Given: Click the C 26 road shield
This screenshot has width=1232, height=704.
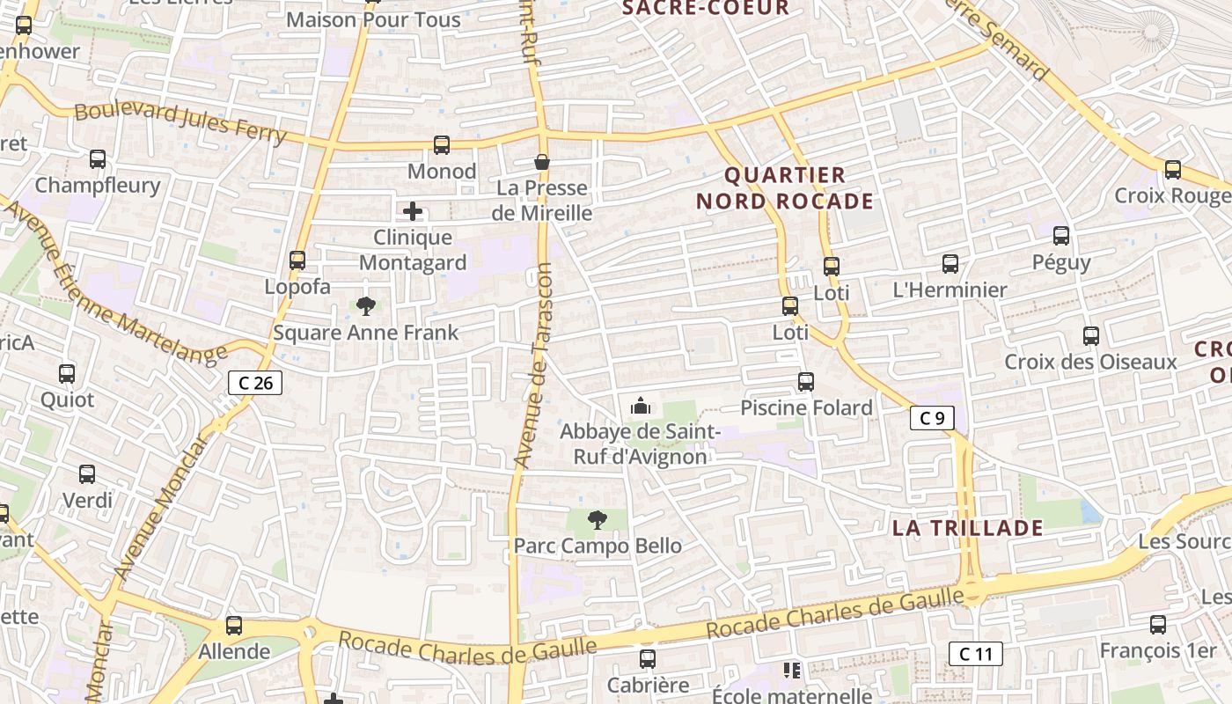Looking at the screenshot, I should point(255,383).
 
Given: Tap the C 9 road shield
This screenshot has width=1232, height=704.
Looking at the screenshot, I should point(932,419).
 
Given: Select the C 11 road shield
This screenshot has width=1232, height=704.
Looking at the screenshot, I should point(975,654).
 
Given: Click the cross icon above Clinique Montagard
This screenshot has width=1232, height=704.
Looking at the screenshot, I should point(412,211).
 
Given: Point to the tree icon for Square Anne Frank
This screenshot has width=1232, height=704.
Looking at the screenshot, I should point(365,306).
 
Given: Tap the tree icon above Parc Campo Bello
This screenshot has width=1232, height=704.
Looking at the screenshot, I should point(597,520).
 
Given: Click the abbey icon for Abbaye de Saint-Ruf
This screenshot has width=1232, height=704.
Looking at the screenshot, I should point(641,406).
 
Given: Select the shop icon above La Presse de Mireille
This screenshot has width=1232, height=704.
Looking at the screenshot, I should point(542,162).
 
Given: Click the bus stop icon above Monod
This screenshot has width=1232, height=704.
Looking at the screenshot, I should point(442,145).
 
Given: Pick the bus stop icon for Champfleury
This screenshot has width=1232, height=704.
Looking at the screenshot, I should point(98,159).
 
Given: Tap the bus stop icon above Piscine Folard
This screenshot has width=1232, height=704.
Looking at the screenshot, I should point(806,382).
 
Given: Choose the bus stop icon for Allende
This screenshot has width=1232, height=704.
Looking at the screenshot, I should point(234,626).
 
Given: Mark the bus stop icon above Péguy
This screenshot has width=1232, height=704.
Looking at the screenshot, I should point(1061,236).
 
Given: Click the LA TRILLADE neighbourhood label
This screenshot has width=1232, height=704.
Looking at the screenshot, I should point(967,528).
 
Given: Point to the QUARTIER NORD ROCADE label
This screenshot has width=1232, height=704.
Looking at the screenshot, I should point(785,188).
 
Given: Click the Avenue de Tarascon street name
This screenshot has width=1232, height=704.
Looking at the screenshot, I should point(534,365).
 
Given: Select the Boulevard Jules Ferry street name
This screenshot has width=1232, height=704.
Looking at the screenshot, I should point(180,123).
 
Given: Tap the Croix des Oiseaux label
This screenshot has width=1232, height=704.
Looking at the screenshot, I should point(1090,362).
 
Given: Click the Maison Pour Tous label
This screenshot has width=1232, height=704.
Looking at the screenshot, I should point(373,19).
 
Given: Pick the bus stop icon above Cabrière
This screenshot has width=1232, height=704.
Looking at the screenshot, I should point(648,659).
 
